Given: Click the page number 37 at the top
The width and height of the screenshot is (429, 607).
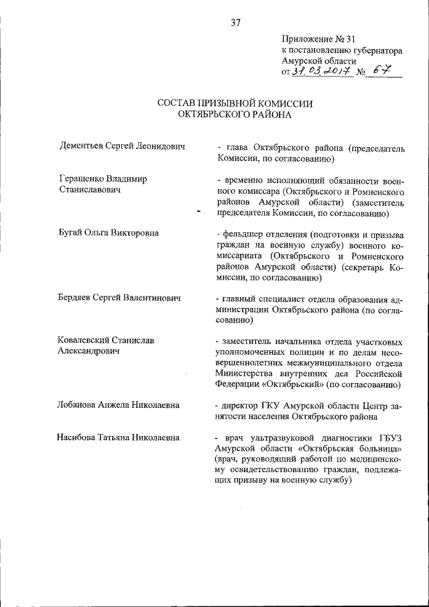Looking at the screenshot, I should click(235, 22).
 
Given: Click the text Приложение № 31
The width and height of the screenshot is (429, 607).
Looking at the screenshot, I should click(314, 39).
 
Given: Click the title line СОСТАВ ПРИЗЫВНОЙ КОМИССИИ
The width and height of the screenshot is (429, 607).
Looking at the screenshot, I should click(235, 103).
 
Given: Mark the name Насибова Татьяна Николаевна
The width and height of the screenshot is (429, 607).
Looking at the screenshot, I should click(119, 437).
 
